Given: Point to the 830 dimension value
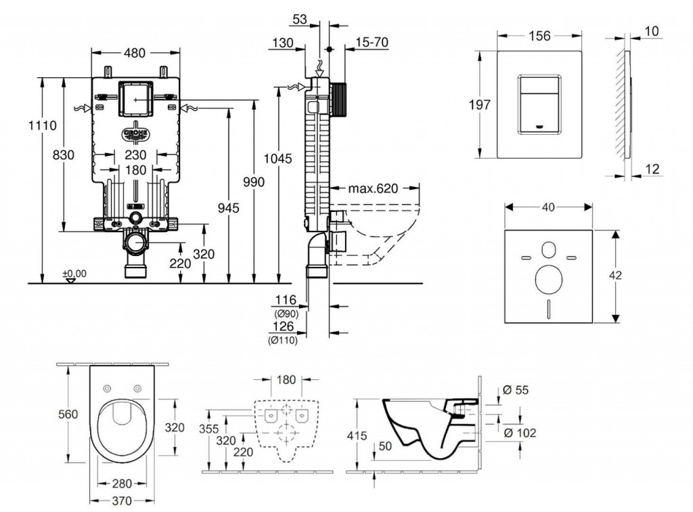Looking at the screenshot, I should point(63,155).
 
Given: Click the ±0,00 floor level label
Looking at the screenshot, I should point(74,274).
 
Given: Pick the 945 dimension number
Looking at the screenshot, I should point(229,209).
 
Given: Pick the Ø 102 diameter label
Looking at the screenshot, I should point(522,433).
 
